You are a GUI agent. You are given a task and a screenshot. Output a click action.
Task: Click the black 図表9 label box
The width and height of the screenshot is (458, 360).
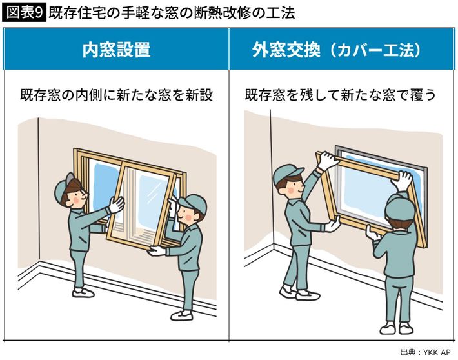24,14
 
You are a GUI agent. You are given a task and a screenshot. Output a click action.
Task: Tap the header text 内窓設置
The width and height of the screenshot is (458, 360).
116,50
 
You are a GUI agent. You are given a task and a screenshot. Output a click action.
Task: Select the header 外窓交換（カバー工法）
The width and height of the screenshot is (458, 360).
336,50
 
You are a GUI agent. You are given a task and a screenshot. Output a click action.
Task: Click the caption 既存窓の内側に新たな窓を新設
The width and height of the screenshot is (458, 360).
116,95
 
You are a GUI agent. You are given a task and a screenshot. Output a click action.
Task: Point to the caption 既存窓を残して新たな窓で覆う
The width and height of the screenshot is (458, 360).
341,95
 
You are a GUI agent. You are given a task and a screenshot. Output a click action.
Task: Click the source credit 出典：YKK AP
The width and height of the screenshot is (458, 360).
425,352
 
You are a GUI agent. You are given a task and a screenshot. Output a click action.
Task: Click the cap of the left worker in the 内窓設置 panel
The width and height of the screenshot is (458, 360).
65,187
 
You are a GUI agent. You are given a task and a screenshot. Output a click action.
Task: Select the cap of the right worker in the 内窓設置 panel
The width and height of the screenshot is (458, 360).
193,202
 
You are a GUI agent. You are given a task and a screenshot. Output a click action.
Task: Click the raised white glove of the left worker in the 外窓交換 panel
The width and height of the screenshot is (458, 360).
327,160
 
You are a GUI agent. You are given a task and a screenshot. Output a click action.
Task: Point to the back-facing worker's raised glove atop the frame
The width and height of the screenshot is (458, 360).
402,181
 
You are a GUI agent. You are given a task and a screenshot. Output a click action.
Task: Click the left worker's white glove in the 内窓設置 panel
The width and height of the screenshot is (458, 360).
117,204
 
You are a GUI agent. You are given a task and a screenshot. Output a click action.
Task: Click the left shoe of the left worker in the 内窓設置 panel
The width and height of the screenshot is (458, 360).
83,292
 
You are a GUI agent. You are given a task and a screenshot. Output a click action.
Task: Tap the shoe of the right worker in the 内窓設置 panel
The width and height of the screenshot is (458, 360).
182,315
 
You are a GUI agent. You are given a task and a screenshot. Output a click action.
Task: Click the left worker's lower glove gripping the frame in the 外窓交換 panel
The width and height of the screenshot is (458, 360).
333,224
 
